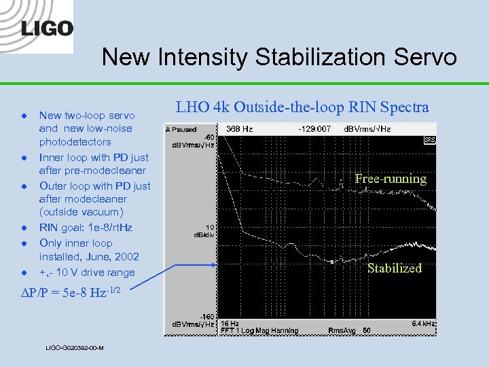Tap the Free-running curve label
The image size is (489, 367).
(x=391, y=179)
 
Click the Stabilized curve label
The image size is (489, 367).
(x=395, y=268)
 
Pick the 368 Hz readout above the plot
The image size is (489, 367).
(x=239, y=128)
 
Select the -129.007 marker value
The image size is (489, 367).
(x=314, y=128)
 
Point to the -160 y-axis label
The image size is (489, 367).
(x=207, y=316)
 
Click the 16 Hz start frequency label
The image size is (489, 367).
(x=230, y=324)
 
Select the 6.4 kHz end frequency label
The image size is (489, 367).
(x=424, y=324)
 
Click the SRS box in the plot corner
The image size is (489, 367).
(x=430, y=140)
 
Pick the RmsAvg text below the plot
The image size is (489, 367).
(x=342, y=331)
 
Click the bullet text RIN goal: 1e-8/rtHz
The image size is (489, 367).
(x=86, y=228)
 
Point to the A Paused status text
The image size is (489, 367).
(x=181, y=129)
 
